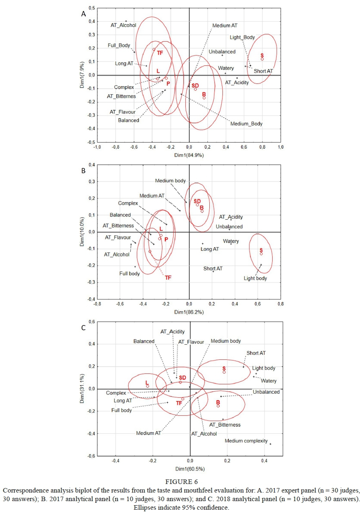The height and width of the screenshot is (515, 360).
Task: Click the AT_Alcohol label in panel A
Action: [123, 25]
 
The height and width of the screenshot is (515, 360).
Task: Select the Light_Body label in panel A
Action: [242, 37]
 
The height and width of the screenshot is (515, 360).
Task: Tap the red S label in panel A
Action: [262, 55]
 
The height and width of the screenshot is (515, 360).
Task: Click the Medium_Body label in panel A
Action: [246, 123]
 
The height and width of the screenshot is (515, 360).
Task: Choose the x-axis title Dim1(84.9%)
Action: [189, 155]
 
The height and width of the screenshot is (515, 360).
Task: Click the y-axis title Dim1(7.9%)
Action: [82, 75]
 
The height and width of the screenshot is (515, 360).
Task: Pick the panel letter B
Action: [83, 171]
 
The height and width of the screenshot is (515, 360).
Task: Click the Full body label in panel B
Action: [130, 274]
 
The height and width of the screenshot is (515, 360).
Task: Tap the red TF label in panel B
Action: [168, 278]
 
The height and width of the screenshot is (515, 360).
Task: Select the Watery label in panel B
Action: [231, 241]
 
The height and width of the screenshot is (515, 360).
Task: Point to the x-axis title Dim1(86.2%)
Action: [189, 312]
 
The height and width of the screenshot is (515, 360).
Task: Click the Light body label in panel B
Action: [256, 278]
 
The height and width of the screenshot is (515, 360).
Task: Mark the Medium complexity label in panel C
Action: [246, 441]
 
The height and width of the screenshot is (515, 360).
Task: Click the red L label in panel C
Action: [147, 383]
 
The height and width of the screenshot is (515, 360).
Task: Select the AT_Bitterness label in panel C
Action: [224, 425]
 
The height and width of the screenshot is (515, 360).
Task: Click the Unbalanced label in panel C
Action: [266, 392]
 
